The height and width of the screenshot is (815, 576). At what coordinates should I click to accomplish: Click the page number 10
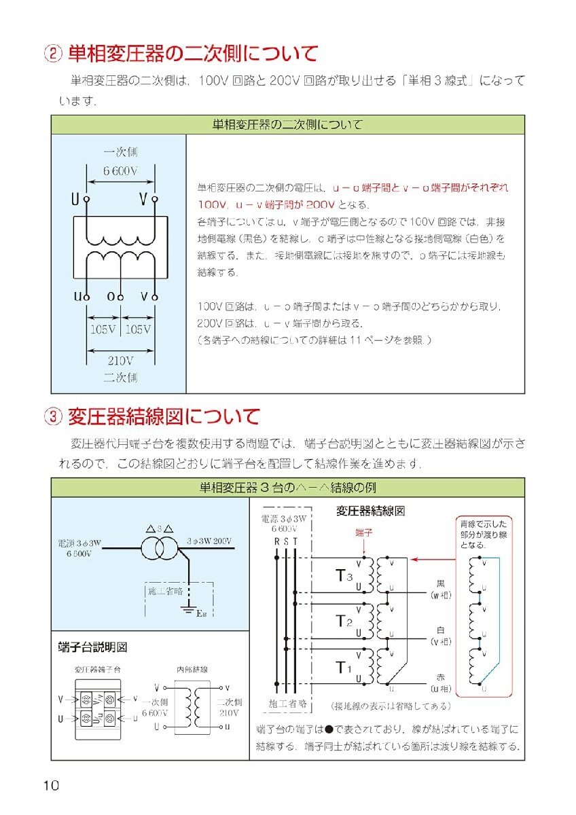(50, 786)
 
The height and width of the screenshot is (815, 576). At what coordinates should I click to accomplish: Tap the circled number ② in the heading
(53, 53)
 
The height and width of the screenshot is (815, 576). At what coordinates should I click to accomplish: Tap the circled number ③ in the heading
(53, 416)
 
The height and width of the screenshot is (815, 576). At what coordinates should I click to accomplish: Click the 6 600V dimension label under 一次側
(120, 172)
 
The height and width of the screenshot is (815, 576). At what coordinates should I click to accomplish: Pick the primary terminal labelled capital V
(155, 199)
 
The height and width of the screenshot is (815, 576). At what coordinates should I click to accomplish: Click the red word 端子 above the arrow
(365, 533)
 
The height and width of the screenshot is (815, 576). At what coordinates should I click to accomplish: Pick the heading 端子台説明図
(93, 647)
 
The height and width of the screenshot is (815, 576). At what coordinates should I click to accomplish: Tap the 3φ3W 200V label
(210, 541)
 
